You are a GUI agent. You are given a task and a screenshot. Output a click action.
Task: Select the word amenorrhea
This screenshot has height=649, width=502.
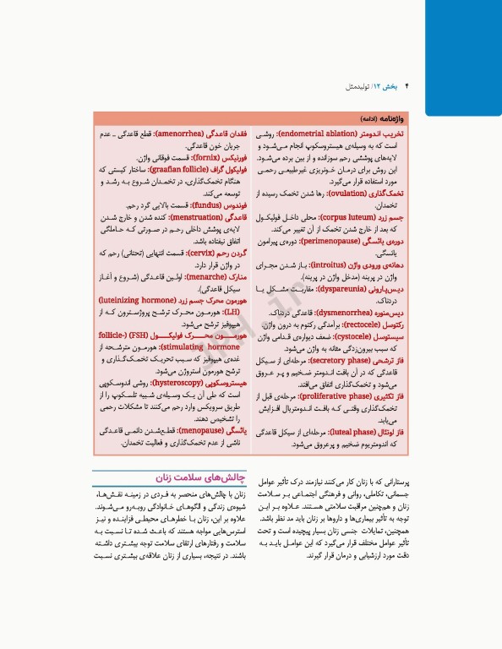[179, 134]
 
